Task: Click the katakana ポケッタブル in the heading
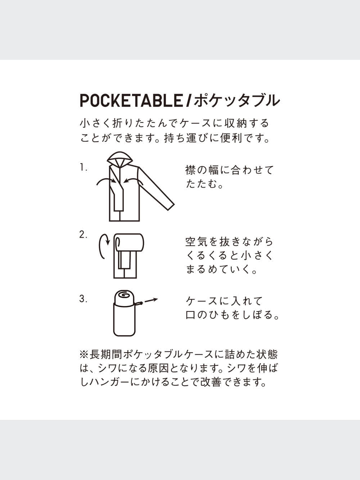point(237,100)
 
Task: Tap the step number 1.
point(83,168)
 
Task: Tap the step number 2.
point(83,235)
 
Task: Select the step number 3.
point(83,299)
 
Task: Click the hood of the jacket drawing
point(120,158)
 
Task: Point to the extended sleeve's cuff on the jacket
point(171,207)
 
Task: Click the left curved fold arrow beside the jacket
point(105,180)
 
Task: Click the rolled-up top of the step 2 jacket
point(129,242)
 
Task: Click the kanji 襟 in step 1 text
point(190,170)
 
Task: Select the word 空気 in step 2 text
point(196,241)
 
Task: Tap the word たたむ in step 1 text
point(201,184)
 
